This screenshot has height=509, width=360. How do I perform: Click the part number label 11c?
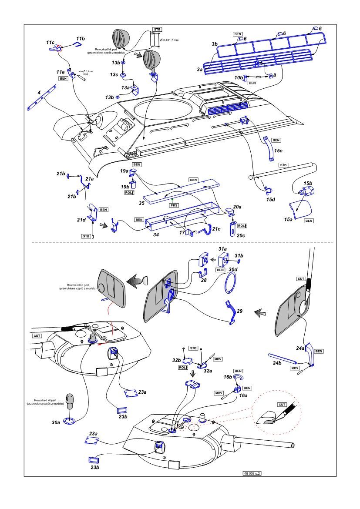(x=50, y=43)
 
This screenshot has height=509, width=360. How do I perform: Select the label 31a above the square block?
(x=223, y=249)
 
